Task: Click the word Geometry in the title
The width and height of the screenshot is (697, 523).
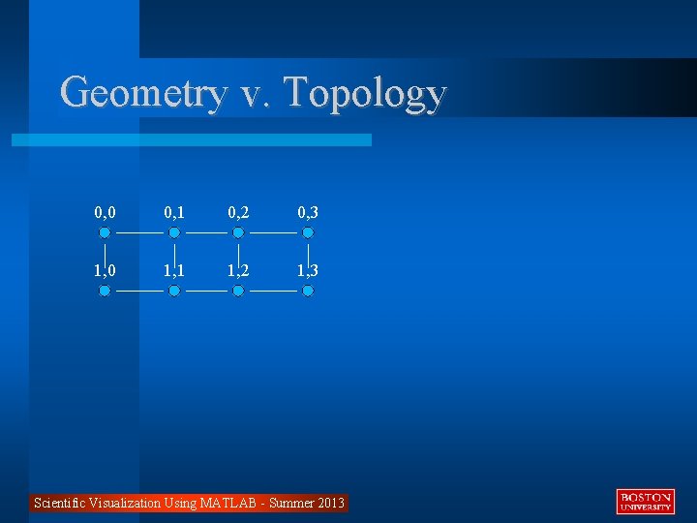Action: click(x=143, y=93)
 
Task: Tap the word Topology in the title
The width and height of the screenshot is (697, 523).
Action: click(x=366, y=93)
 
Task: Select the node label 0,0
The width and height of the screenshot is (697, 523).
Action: click(x=105, y=212)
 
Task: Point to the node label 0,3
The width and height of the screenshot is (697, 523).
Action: click(x=308, y=212)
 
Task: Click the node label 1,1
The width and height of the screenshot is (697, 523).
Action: click(x=174, y=270)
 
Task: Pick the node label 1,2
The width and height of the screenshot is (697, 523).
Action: click(x=238, y=270)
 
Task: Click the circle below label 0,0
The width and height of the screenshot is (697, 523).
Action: click(x=105, y=232)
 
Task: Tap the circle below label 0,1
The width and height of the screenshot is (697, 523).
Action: click(x=174, y=232)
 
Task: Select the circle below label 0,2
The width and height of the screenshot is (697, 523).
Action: click(x=238, y=232)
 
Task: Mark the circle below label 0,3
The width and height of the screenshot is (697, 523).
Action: click(x=308, y=232)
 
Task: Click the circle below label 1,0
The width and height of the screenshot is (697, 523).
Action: click(x=105, y=291)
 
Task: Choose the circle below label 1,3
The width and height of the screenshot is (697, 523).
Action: click(x=308, y=291)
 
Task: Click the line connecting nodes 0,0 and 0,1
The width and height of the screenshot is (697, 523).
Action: click(x=139, y=232)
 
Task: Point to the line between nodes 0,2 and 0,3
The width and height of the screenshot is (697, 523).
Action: click(x=273, y=232)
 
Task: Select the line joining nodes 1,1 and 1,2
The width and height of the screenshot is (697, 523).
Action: click(x=206, y=291)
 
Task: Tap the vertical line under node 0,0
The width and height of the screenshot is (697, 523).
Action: click(x=105, y=254)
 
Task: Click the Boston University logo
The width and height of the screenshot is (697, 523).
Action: click(x=646, y=502)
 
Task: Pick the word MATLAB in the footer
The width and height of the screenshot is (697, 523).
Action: click(x=228, y=503)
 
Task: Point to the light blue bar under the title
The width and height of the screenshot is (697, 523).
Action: click(x=192, y=140)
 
